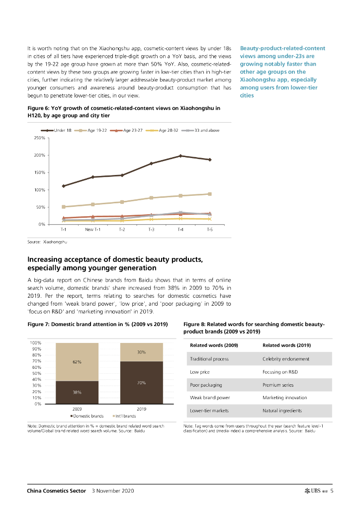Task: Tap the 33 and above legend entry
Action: pyautogui.click(x=204, y=130)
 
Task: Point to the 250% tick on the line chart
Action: pyautogui.click(x=40, y=138)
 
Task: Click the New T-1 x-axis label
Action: pyautogui.click(x=92, y=230)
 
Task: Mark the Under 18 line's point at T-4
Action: pyautogui.click(x=180, y=156)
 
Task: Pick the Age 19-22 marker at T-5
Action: pyautogui.click(x=210, y=194)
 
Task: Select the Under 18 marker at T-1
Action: pyautogui.click(x=64, y=186)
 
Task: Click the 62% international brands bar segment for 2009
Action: pyautogui.click(x=77, y=362)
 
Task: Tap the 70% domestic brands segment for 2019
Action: pyautogui.click(x=141, y=382)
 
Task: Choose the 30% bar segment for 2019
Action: pyautogui.click(x=141, y=352)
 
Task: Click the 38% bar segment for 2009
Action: pyautogui.click(x=77, y=392)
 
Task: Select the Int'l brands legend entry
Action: pyautogui.click(x=124, y=416)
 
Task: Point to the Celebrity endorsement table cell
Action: pyautogui.click(x=286, y=359)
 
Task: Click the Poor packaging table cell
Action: pyautogui.click(x=206, y=385)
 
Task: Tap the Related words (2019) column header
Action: pyautogui.click(x=286, y=345)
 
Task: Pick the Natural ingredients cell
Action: pyautogui.click(x=282, y=411)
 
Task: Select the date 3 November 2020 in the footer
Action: pyautogui.click(x=113, y=491)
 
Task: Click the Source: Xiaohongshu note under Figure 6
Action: pyautogui.click(x=47, y=242)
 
